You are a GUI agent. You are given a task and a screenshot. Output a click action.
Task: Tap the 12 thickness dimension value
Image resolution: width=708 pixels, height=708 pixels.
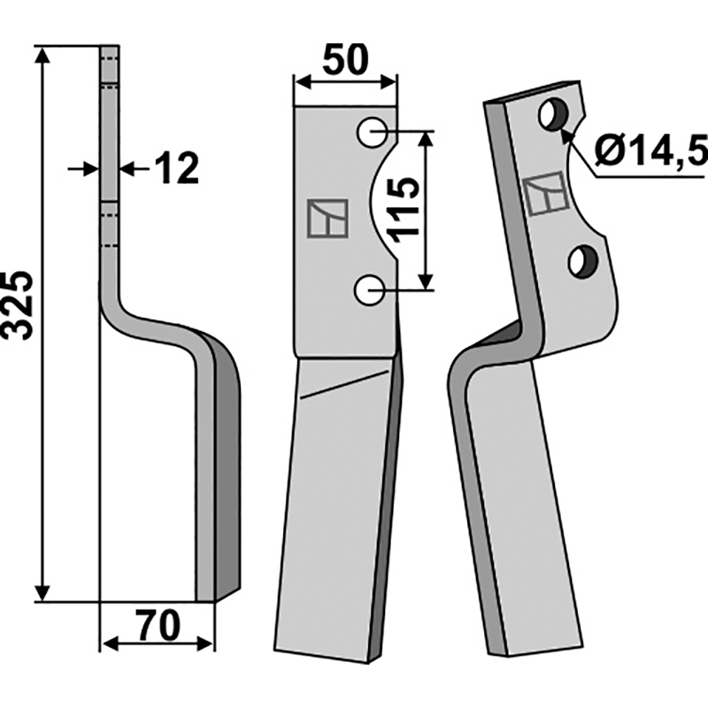[176, 168]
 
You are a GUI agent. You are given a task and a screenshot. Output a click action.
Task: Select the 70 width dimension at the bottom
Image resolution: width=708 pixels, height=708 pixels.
[158, 627]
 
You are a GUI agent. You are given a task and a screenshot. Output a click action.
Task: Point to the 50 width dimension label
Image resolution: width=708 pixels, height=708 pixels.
[346, 62]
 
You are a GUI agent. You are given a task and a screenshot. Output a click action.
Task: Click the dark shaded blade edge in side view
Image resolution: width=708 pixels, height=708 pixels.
[227, 469]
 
